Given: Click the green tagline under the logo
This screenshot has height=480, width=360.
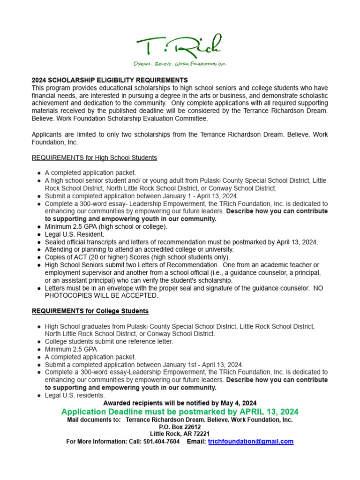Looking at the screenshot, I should click(180, 63).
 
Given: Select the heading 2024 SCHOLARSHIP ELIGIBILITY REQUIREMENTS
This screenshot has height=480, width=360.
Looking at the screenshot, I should click(110, 80).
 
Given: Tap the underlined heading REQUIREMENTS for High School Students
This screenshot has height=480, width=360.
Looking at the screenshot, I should click(94, 158).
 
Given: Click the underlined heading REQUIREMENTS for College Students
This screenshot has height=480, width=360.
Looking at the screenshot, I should click(90, 311).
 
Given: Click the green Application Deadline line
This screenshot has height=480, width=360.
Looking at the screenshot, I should click(180, 412).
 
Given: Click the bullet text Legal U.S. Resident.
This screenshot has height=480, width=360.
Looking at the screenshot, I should click(75, 234).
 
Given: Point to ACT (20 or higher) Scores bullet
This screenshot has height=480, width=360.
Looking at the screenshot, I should click(137, 257).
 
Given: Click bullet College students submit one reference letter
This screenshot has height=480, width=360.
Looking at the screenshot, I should click(109, 342).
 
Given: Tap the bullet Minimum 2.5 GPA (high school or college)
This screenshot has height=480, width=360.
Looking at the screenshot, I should click(106, 227).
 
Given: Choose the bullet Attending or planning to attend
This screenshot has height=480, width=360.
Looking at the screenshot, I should click(139, 250).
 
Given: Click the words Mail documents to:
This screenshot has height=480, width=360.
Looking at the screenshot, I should click(94, 420).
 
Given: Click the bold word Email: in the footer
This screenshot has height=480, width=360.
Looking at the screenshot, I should click(196, 442).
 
